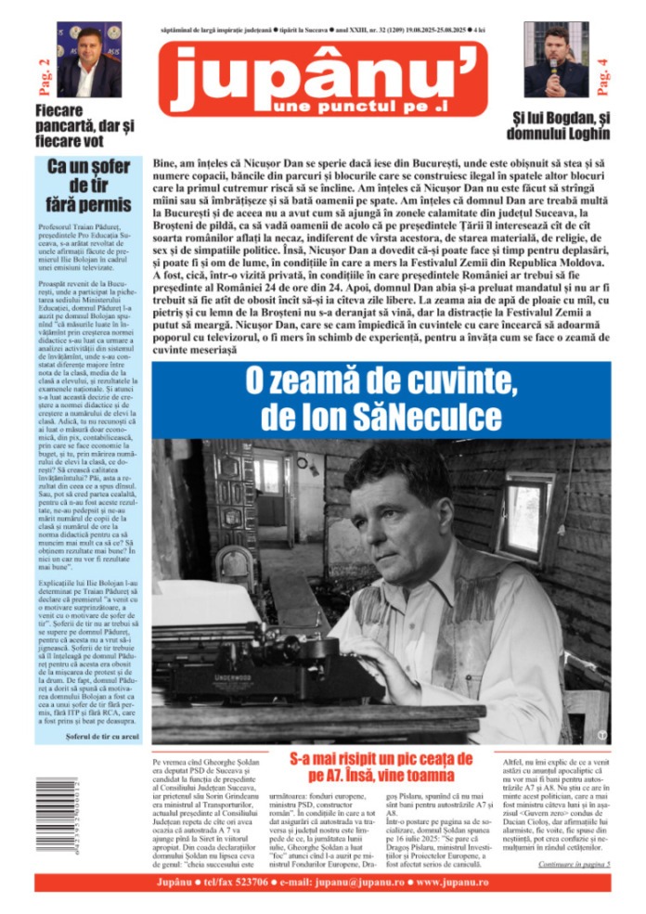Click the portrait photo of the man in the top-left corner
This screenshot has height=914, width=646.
90,60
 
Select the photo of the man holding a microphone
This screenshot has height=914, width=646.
556,60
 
